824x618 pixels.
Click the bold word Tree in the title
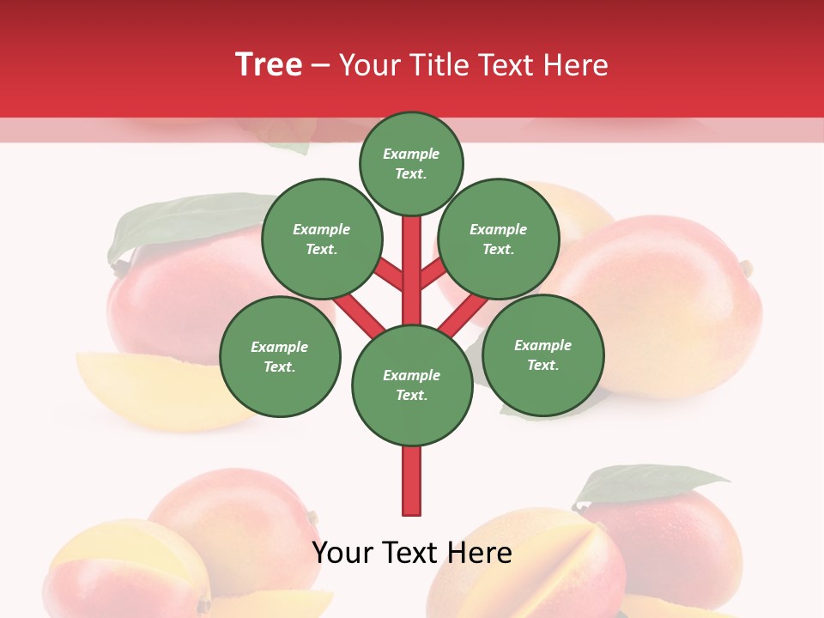pyautogui.click(x=269, y=65)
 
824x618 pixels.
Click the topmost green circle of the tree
pyautogui.click(x=411, y=164)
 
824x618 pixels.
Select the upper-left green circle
pyautogui.click(x=321, y=239)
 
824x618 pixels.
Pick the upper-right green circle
pyautogui.click(x=499, y=239)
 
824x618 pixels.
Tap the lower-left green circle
pyautogui.click(x=280, y=356)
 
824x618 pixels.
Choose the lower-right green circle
pyautogui.click(x=542, y=354)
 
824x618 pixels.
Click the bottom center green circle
pyautogui.click(x=412, y=385)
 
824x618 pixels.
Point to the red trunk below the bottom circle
pyautogui.click(x=412, y=481)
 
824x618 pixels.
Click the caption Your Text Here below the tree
pyautogui.click(x=412, y=553)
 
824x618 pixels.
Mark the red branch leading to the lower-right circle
pyautogui.click(x=463, y=315)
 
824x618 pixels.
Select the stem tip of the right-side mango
pyautogui.click(x=747, y=269)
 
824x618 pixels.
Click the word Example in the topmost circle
pyautogui.click(x=411, y=154)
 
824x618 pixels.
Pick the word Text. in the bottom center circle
pyautogui.click(x=411, y=395)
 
